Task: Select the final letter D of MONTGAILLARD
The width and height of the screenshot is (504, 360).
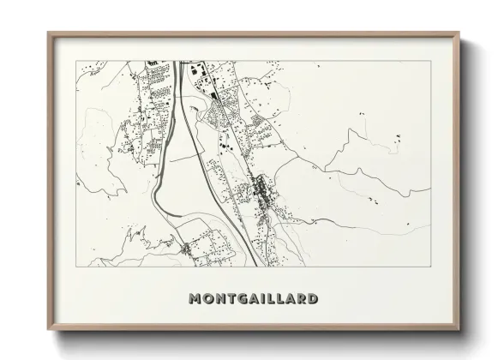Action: tap(313, 299)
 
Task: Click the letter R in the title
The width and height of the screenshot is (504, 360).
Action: tap(300, 299)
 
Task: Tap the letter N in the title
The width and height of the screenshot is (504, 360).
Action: tap(213, 299)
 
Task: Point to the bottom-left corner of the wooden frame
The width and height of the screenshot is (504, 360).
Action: tap(48, 333)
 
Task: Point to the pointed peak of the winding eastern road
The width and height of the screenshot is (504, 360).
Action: tap(350, 131)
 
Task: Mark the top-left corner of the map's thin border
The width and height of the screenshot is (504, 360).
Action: tap(77, 62)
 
